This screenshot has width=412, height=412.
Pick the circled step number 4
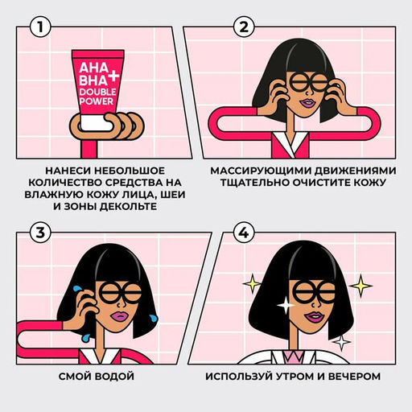(241, 233)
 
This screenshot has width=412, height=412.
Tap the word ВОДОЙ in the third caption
(112, 376)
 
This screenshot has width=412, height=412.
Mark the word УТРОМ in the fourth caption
(301, 376)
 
